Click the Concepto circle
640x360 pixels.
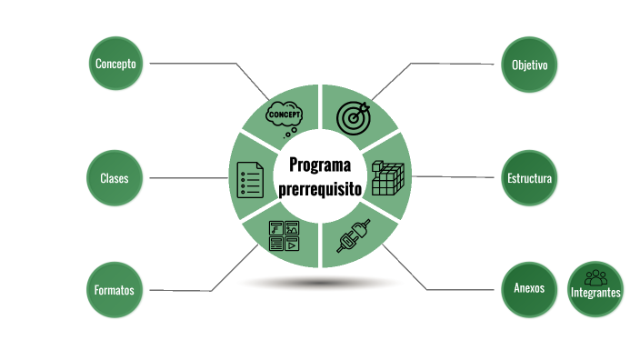pyautogui.click(x=115, y=64)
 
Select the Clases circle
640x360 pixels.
pyautogui.click(x=115, y=178)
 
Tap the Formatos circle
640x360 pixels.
pyautogui.click(x=115, y=291)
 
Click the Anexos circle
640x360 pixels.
pyautogui.click(x=528, y=288)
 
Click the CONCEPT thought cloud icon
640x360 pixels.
pyautogui.click(x=284, y=116)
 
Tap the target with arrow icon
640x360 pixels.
pyautogui.click(x=354, y=116)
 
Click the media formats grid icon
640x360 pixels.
pyautogui.click(x=284, y=235)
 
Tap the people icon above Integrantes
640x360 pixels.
pyautogui.click(x=595, y=276)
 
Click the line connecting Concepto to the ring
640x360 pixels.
pyautogui.click(x=195, y=64)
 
